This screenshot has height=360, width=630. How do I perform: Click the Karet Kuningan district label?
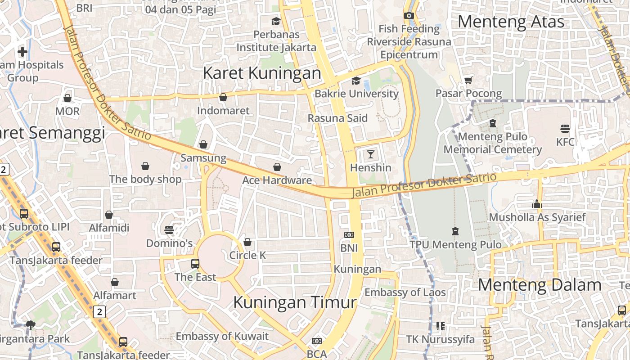(262, 73)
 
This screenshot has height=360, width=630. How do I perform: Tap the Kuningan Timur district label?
(295, 302)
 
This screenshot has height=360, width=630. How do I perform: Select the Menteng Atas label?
(511, 22)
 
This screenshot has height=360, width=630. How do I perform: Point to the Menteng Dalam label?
(540, 285)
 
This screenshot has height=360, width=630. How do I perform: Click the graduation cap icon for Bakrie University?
(356, 81)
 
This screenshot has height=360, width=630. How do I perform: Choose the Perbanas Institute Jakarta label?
(276, 41)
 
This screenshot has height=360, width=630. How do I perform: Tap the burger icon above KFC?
(565, 129)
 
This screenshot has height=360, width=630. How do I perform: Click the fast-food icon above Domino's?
(169, 230)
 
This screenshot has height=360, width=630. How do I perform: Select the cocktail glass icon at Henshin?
(370, 155)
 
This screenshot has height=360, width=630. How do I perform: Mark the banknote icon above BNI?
(349, 235)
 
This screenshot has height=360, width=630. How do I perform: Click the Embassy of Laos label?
(405, 292)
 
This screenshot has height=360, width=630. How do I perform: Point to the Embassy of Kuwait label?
(222, 336)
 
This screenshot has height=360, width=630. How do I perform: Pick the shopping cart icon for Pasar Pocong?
(468, 81)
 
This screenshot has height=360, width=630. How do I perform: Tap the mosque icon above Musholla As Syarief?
(536, 204)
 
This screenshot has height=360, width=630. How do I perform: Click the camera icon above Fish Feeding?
(409, 16)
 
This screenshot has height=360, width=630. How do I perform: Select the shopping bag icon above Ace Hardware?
(277, 167)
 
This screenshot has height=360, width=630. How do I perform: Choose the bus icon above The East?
(195, 264)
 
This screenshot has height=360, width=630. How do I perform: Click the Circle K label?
(247, 256)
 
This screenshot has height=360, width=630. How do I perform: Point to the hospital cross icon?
(22, 52)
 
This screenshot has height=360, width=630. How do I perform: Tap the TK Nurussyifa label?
(440, 339)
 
